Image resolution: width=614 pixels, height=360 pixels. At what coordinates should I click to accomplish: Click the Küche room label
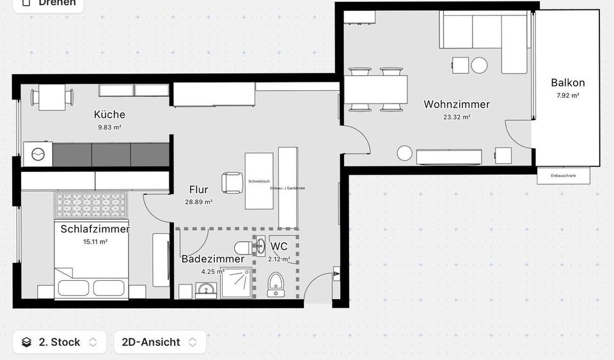click(109, 114)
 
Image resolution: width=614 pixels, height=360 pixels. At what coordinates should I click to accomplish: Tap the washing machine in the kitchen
click(38, 154)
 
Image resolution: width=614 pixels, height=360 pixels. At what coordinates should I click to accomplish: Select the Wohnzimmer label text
click(457, 104)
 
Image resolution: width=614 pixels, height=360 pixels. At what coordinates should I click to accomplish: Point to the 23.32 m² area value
click(457, 117)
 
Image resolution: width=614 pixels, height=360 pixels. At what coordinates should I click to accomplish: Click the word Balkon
click(567, 82)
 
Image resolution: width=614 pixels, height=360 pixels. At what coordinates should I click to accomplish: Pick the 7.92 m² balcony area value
click(567, 95)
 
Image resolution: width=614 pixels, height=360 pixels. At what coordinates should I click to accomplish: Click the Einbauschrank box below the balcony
click(563, 176)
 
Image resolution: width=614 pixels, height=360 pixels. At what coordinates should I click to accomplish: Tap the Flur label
click(198, 189)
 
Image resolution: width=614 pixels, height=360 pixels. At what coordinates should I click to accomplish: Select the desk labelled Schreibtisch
click(258, 181)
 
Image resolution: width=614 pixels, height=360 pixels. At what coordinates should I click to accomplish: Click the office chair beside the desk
click(231, 182)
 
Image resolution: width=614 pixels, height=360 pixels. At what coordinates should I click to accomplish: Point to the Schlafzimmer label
click(95, 229)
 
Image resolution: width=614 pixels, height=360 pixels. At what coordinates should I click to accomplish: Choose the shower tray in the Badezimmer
click(236, 283)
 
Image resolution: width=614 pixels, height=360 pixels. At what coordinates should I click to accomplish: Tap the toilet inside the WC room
click(276, 283)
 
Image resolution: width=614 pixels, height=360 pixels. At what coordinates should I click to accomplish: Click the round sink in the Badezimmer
click(205, 291)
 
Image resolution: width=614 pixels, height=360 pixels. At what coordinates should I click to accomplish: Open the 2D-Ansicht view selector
click(159, 342)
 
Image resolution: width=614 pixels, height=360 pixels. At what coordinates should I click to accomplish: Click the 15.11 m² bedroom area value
click(95, 242)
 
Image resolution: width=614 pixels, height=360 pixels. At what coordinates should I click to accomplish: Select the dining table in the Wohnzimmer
click(376, 90)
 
